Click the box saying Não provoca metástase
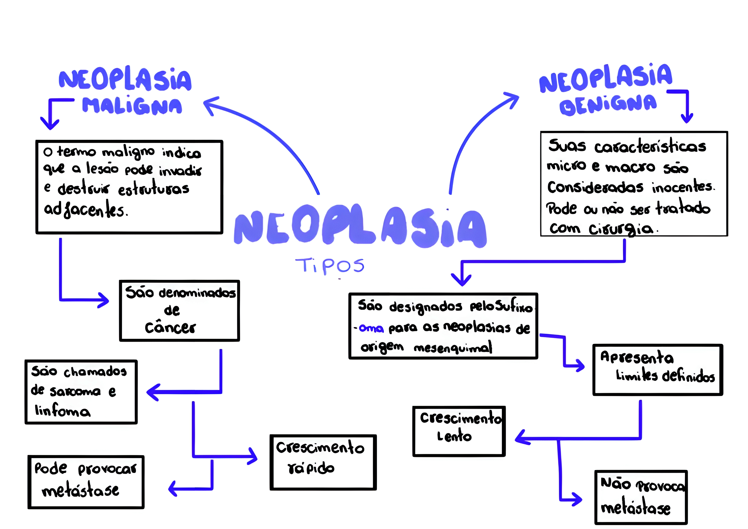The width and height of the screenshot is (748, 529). coord(640,497)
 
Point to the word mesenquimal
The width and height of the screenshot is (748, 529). coord(453,348)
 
